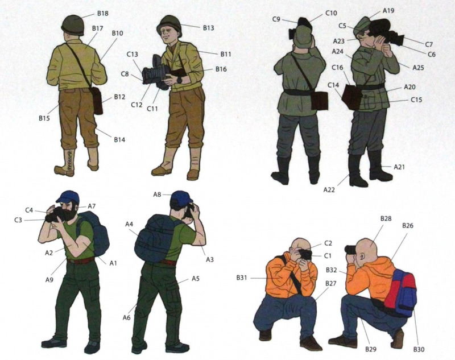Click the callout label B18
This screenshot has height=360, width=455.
tap(103, 13)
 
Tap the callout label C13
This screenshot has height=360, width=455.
tap(132, 54)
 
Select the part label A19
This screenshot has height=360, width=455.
tap(388, 11)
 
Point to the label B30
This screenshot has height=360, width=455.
tap(419, 349)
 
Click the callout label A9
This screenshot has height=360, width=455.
tap(49, 280)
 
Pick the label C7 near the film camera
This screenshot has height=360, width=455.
tap(429, 44)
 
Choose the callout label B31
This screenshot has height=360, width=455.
tap(241, 278)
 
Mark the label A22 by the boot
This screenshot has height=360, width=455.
tap(329, 190)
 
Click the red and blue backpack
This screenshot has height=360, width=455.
tap(401, 292)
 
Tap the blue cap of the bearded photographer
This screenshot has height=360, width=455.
tap(67, 196)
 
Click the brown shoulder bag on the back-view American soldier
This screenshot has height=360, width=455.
tap(97, 101)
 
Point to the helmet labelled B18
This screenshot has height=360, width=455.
tap(73, 25)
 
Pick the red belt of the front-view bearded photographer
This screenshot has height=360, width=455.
tap(81, 260)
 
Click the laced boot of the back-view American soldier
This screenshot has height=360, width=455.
tap(66, 163)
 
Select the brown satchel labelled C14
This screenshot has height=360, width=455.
tap(352, 97)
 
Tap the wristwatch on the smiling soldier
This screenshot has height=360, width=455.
tap(180, 79)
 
